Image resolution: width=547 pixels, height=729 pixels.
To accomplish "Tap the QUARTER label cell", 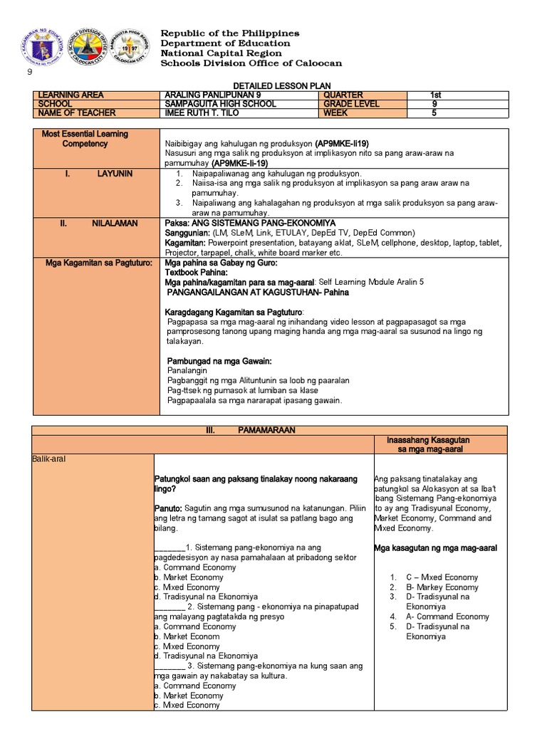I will click(343, 95).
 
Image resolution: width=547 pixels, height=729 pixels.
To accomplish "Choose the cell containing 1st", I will click(436, 95).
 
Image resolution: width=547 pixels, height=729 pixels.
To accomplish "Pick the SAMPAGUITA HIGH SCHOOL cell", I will click(218, 104).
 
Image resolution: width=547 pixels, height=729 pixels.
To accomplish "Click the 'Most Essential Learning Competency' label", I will click(85, 139).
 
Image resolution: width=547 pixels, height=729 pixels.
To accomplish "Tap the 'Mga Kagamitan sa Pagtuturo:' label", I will click(99, 263).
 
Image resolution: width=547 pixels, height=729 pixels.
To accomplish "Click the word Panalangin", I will click(187, 371).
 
